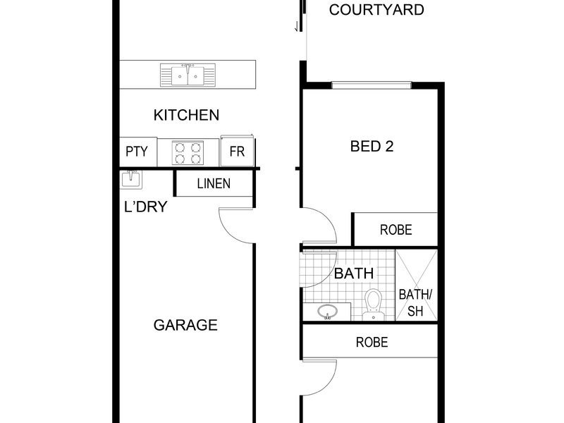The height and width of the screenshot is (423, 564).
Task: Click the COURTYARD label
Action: [376, 10]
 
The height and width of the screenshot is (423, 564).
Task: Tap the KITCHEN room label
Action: [186, 115]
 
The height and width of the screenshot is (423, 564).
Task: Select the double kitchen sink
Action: [188, 75]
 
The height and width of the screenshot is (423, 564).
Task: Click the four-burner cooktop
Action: [188, 153]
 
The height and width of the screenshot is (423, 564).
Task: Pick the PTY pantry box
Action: [138, 152]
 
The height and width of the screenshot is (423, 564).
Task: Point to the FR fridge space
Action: [237, 152]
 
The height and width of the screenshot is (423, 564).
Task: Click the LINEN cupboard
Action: [214, 183]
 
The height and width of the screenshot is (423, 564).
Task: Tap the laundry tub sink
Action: [131, 180]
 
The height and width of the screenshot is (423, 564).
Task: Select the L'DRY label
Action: [146, 207]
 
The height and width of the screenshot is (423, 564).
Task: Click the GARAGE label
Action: [185, 325]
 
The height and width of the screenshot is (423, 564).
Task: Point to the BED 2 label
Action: [372, 147]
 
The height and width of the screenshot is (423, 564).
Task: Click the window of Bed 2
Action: [372, 85]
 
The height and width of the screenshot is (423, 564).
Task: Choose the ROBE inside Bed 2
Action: [395, 230]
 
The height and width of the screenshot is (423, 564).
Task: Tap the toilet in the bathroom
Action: [374, 305]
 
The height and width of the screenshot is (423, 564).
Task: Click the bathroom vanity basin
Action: [328, 312]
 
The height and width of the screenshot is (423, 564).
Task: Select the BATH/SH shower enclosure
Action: [417, 285]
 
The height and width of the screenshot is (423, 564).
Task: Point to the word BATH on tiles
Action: [354, 274]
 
